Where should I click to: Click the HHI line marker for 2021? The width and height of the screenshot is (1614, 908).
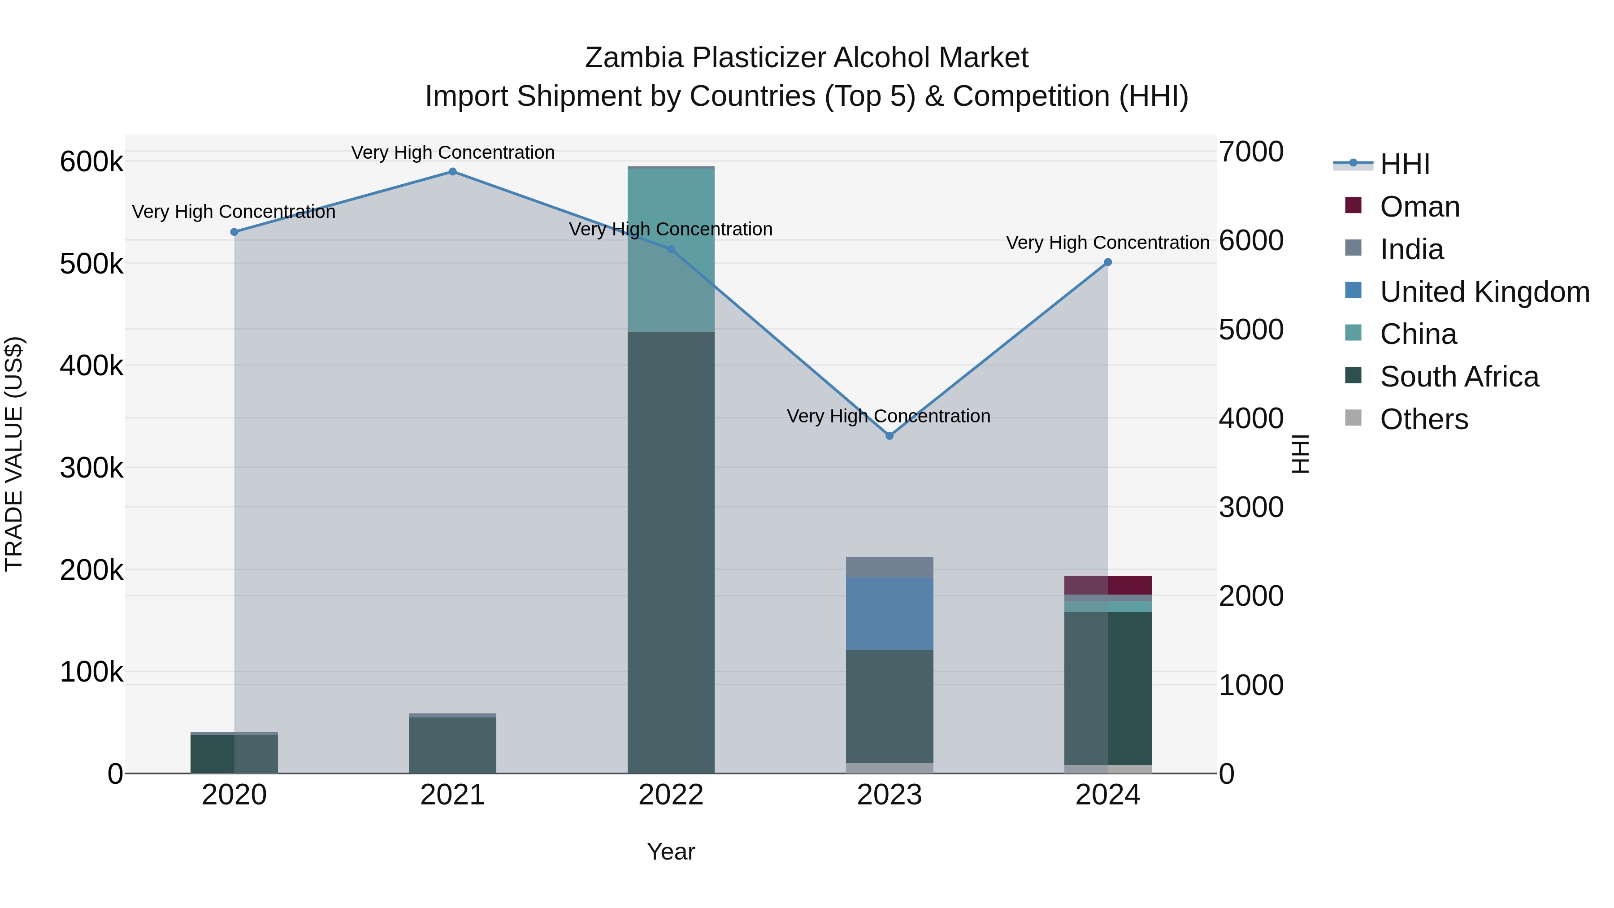[452, 172]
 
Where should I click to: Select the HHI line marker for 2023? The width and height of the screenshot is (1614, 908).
[889, 435]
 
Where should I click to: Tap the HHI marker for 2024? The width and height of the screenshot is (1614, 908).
[1108, 263]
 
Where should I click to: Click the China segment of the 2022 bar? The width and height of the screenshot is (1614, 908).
[671, 251]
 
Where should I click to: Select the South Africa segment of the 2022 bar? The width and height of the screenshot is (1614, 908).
[671, 552]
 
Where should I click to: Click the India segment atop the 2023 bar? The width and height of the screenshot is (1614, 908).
[889, 567]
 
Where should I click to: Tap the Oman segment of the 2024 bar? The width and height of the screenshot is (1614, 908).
[1108, 585]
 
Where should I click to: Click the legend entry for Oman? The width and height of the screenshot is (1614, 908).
[1419, 207]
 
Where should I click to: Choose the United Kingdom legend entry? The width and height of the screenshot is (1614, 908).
[1484, 292]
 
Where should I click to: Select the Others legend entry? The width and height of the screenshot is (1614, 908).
[1423, 419]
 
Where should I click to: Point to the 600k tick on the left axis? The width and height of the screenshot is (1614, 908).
[91, 162]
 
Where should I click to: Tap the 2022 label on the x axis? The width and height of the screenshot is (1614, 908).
[671, 795]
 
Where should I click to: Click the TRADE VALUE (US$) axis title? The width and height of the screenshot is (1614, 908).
[14, 454]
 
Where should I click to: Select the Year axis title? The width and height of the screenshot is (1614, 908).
[671, 852]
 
